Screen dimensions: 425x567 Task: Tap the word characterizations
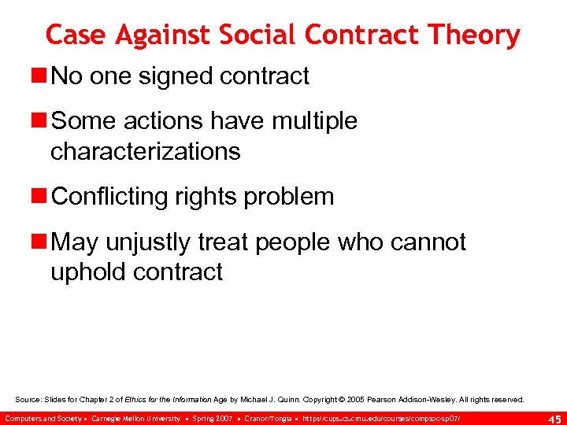(x=145, y=150)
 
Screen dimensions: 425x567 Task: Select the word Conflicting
(x=115, y=196)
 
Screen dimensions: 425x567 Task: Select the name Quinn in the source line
(x=303, y=400)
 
